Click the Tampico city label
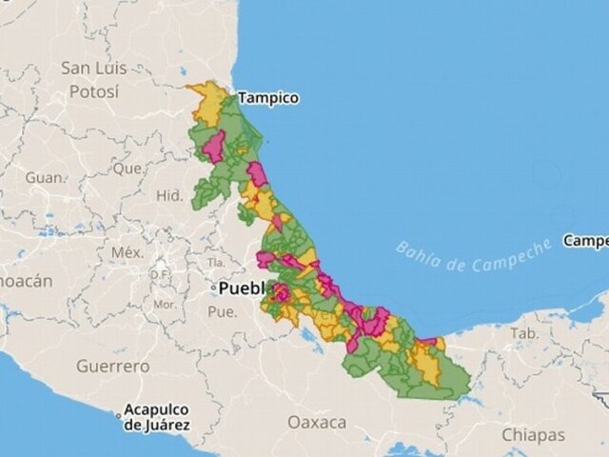click(x=268, y=98)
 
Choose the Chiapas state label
click(x=534, y=434)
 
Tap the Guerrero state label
click(x=112, y=366)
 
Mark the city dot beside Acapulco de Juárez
click(x=119, y=416)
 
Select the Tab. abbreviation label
click(x=523, y=333)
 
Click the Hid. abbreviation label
click(x=169, y=195)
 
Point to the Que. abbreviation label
click(x=127, y=169)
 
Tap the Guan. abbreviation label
click(x=46, y=178)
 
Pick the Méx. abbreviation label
click(x=127, y=252)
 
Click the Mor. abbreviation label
click(x=164, y=306)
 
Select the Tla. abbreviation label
click(x=217, y=261)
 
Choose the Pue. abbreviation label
click(x=222, y=311)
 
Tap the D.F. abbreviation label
click(x=160, y=276)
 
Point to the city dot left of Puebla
click(x=214, y=287)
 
